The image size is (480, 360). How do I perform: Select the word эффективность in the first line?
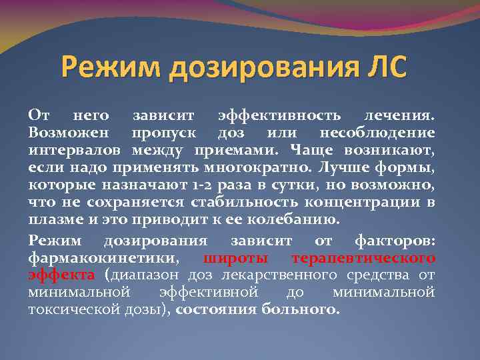[282, 116]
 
